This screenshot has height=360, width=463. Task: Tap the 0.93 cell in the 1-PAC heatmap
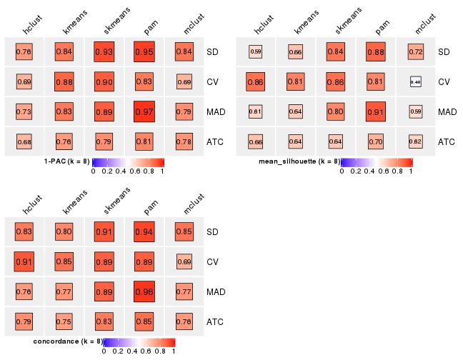click(x=104, y=51)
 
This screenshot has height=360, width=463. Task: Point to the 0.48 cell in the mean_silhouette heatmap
click(x=415, y=81)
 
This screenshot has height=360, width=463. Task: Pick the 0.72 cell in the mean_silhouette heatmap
click(x=415, y=51)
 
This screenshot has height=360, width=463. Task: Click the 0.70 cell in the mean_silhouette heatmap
click(x=375, y=141)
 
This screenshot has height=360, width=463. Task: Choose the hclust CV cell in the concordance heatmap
click(x=24, y=261)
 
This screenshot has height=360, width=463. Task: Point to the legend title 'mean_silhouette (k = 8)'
click(x=299, y=161)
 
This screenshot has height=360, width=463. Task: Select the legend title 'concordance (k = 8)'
click(x=69, y=341)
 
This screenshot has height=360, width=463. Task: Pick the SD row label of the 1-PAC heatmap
click(x=213, y=52)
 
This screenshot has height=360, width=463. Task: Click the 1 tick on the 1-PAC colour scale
click(x=163, y=171)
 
